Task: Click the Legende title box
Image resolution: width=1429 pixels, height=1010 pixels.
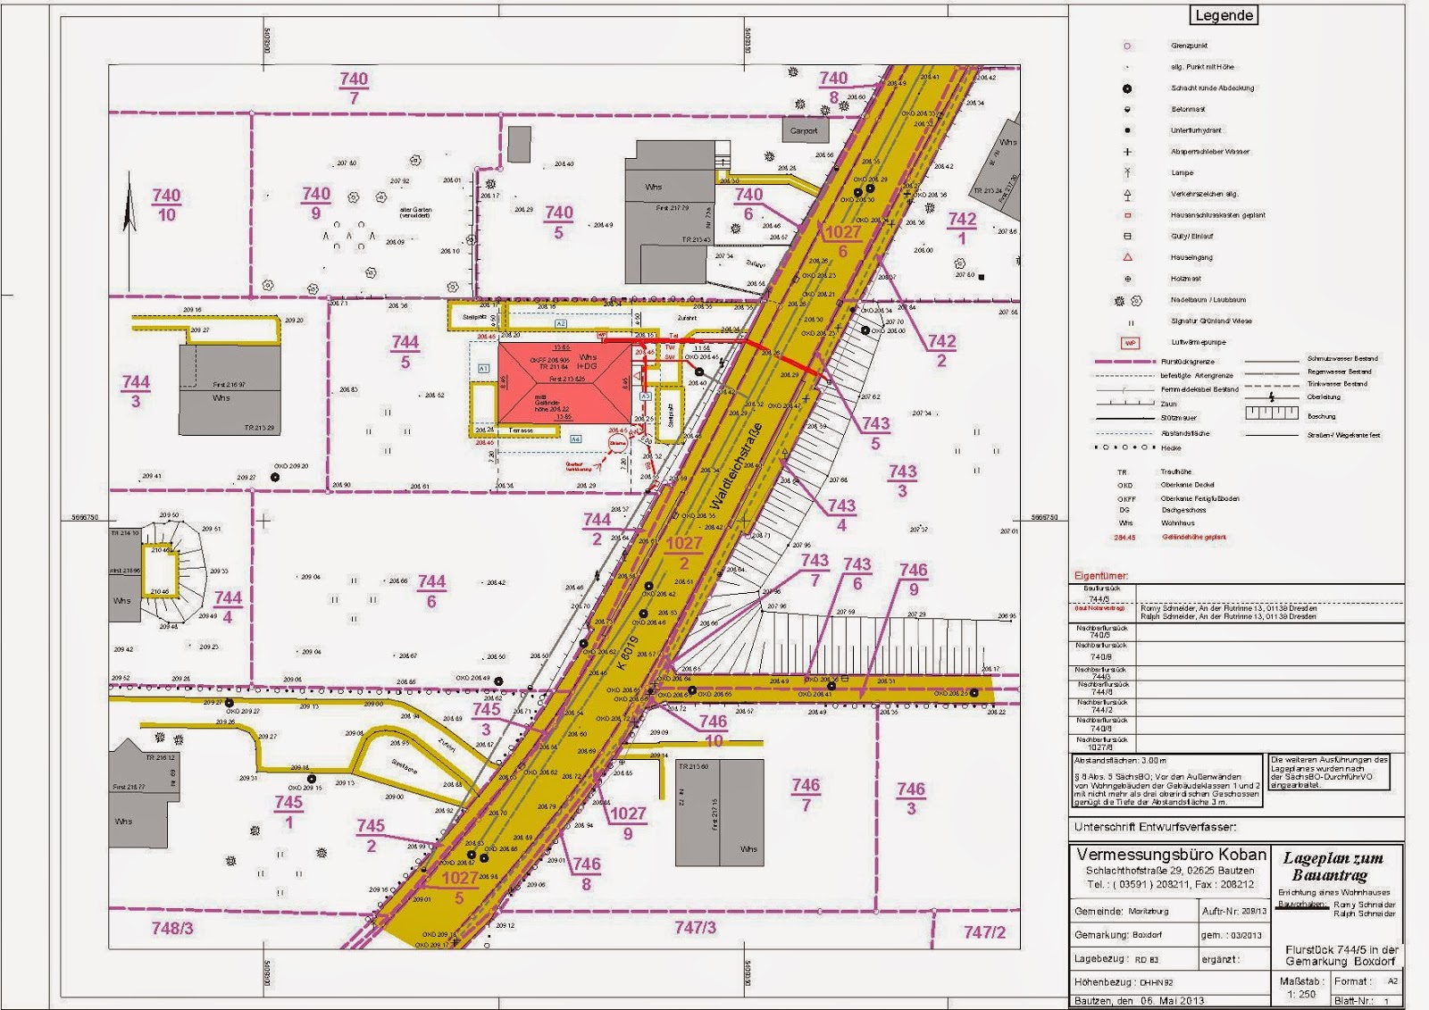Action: click(x=1224, y=15)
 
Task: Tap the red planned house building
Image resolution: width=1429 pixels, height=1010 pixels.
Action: click(x=564, y=382)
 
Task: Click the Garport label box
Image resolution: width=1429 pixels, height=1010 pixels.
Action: click(x=804, y=130)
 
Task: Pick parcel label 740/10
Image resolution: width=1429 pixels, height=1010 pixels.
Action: click(x=166, y=205)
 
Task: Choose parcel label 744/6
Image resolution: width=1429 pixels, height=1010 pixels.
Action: click(x=431, y=591)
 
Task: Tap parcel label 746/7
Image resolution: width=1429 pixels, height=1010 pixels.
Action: click(x=806, y=794)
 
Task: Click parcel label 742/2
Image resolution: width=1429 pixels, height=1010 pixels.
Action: click(x=941, y=350)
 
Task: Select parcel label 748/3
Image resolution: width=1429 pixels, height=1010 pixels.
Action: click(x=172, y=928)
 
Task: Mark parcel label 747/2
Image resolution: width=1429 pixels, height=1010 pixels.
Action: click(x=984, y=931)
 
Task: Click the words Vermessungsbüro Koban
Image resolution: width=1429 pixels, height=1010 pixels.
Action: click(x=1171, y=855)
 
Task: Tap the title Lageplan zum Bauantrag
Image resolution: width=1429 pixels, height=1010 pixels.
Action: click(x=1333, y=866)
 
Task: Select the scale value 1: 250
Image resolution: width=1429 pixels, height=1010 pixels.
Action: click(x=1301, y=994)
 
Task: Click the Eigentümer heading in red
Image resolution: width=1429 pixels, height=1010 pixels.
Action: click(x=1100, y=575)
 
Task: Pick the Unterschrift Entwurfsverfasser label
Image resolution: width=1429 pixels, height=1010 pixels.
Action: click(x=1155, y=827)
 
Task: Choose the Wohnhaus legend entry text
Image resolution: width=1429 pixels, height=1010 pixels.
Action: click(x=1177, y=523)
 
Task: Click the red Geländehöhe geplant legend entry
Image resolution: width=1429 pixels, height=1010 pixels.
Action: click(x=1193, y=538)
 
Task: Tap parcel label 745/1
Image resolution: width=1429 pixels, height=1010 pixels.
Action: click(x=288, y=811)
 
